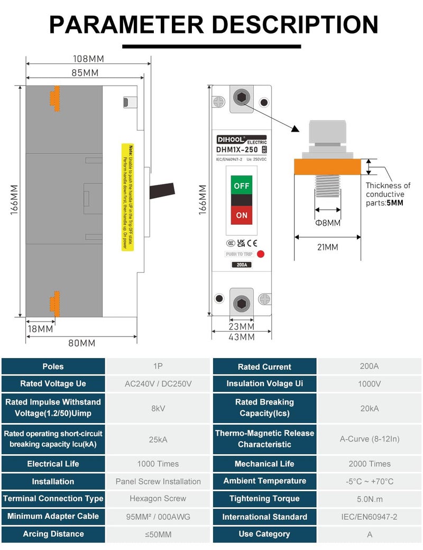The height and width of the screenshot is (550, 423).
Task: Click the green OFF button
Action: coord(242,186)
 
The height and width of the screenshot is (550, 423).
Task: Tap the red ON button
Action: coord(242,215)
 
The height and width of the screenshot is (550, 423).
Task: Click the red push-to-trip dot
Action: coord(260,254)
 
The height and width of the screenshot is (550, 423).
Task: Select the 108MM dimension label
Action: coord(89,59)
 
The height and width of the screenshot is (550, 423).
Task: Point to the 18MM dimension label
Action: coord(40,329)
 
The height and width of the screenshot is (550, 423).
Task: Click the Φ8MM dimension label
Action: coord(328,223)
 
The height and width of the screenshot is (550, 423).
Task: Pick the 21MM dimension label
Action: coord(328,247)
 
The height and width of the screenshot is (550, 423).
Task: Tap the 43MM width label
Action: coord(242,337)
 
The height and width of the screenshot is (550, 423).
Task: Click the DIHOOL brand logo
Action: coord(231,140)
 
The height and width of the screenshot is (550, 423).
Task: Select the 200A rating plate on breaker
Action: coord(242,265)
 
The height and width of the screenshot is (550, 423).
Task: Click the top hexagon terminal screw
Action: coord(242,97)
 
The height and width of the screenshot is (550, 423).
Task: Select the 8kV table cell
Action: coord(158,408)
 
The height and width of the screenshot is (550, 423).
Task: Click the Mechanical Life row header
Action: coord(264,464)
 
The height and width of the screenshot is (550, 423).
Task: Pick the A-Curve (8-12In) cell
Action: coord(370,438)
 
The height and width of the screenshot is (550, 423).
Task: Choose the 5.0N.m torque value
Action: coord(370,499)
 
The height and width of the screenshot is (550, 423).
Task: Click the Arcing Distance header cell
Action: coord(53,534)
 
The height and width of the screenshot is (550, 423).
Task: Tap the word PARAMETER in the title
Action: coord(126,25)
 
